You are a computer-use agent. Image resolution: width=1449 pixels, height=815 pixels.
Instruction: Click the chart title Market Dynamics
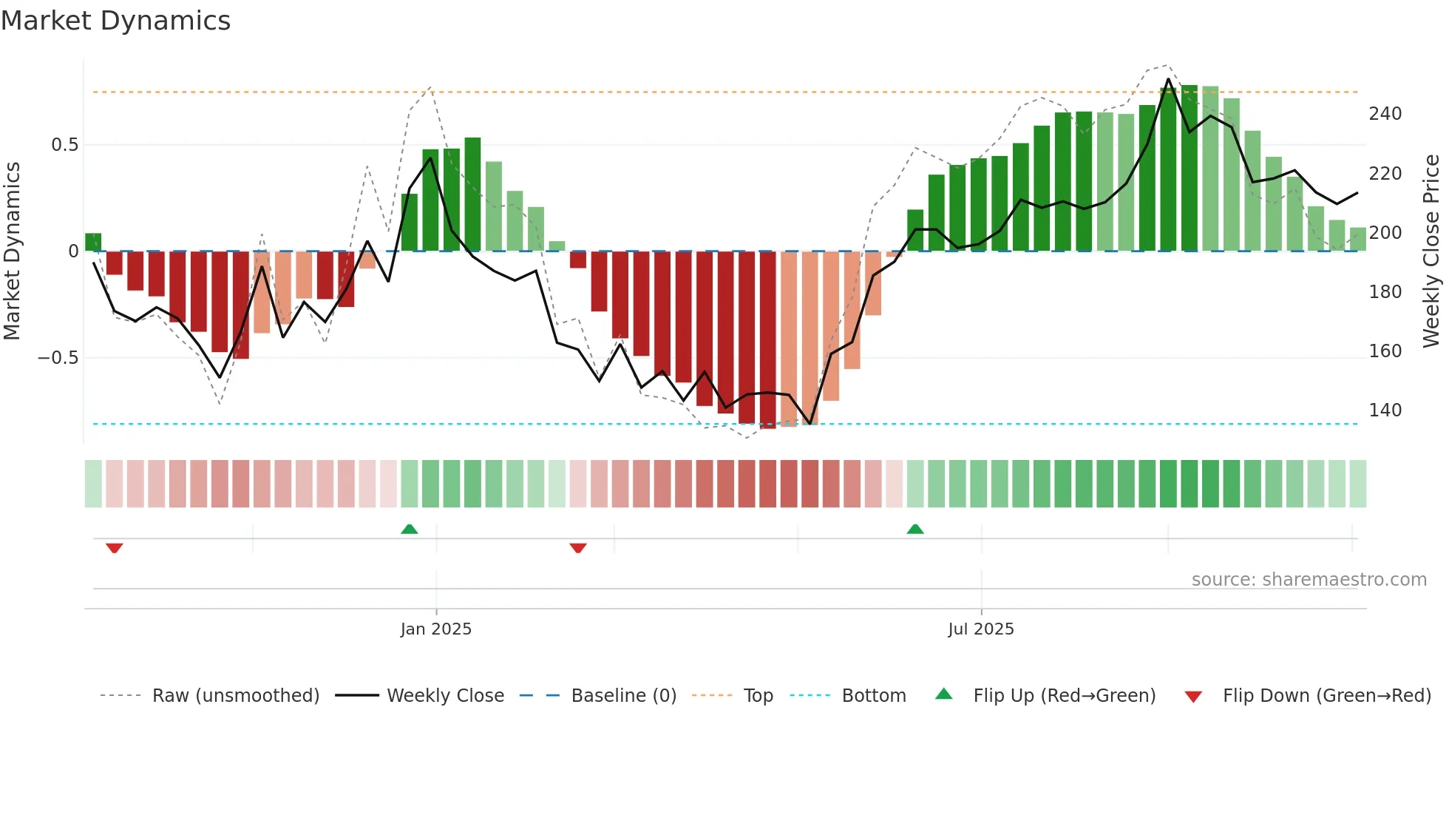(116, 21)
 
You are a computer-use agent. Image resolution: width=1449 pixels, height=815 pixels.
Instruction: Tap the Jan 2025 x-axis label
(435, 629)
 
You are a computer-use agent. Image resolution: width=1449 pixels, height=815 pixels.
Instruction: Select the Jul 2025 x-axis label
(981, 629)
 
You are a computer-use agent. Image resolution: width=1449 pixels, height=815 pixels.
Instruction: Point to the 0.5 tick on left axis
(65, 145)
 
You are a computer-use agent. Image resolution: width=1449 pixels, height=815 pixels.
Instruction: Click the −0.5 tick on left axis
(58, 358)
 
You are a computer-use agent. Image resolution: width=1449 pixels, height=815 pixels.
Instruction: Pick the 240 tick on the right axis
(1385, 114)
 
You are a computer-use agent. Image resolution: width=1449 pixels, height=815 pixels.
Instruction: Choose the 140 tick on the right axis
(1385, 410)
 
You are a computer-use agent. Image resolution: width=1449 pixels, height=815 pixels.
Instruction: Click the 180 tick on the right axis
(1385, 292)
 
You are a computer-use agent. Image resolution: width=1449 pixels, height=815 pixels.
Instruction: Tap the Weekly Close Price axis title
(1431, 251)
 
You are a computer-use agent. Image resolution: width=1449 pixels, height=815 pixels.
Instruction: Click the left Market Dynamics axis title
(12, 251)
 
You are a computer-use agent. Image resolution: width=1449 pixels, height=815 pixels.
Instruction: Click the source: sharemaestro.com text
(1309, 580)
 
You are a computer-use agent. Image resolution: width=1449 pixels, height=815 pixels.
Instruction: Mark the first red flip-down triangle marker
(114, 548)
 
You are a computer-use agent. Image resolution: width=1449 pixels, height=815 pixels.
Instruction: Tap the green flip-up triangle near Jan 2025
(410, 529)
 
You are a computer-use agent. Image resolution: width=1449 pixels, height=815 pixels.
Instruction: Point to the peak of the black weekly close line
(1168, 79)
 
